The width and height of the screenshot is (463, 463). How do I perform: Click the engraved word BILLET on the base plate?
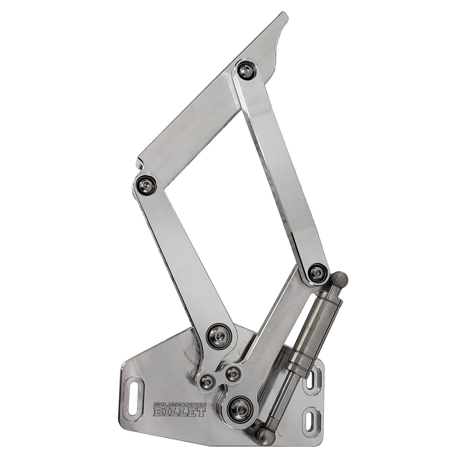(x=180, y=412)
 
